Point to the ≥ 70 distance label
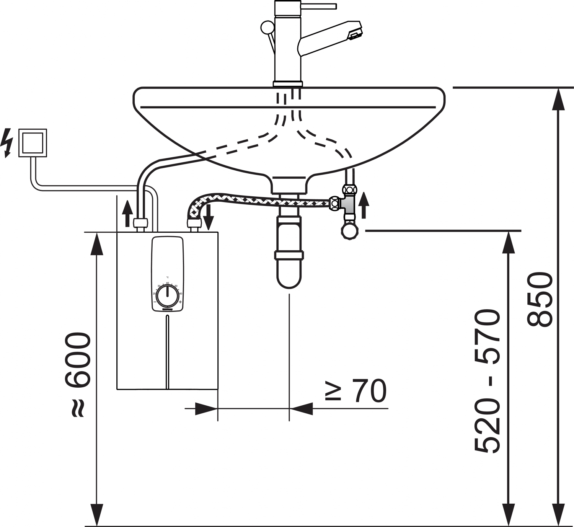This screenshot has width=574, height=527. pos(356,391)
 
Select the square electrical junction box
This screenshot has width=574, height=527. pos(33,143)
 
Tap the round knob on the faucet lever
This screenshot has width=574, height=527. pos(267,27)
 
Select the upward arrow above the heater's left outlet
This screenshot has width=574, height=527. pos(128,214)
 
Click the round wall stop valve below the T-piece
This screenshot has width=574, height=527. pos(349,231)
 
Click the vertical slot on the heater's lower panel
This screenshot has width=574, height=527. pos(168,352)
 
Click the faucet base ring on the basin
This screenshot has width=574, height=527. pos(288,84)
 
